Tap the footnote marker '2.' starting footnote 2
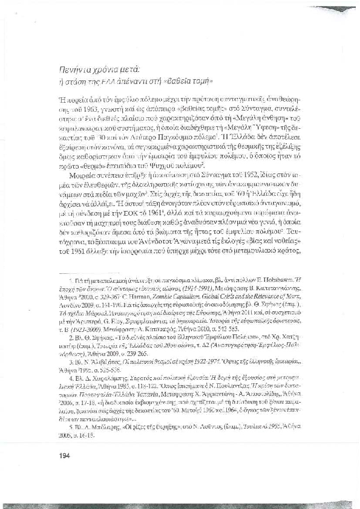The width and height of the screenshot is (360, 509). pos(70,339)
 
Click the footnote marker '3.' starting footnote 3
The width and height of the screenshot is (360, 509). pos(70,363)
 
